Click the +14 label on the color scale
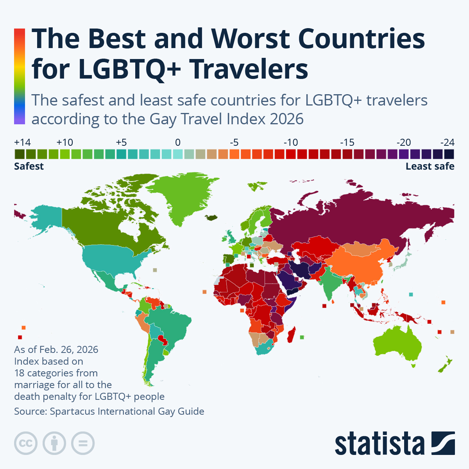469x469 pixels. coord(22,142)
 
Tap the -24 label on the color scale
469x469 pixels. coord(448,142)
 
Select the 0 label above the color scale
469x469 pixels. coord(178,142)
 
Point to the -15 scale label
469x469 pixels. coord(347,142)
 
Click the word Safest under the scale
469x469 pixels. coord(29,166)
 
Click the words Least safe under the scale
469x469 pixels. coord(430,166)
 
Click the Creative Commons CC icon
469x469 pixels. coord(26,443)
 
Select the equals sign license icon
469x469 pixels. coord(83,443)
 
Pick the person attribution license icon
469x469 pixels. coord(54,443)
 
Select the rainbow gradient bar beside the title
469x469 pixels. coord(20,77)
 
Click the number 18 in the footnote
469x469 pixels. coord(19,373)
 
